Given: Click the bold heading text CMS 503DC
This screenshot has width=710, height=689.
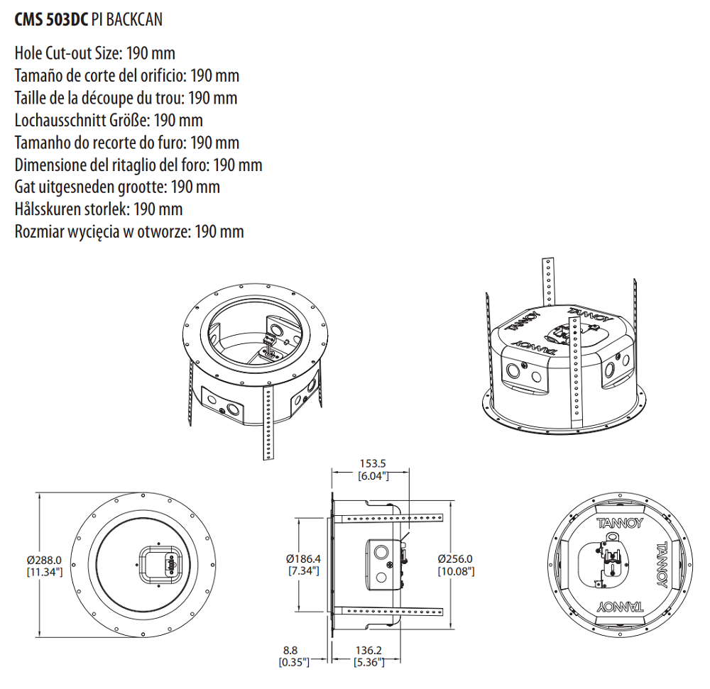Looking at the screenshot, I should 51,19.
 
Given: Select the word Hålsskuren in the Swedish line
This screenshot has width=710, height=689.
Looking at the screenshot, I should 46,209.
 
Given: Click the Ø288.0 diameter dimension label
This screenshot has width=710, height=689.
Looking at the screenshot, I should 45,560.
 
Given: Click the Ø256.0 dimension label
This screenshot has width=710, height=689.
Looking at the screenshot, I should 455,558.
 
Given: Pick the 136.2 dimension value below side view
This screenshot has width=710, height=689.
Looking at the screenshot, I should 368,650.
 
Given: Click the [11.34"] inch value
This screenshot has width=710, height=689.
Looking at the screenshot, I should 45,571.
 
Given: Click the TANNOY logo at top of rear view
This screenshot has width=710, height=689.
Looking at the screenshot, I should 620,524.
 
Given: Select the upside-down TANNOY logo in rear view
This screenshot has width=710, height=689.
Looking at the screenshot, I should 620,607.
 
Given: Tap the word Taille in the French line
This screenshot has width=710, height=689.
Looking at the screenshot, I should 32,98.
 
